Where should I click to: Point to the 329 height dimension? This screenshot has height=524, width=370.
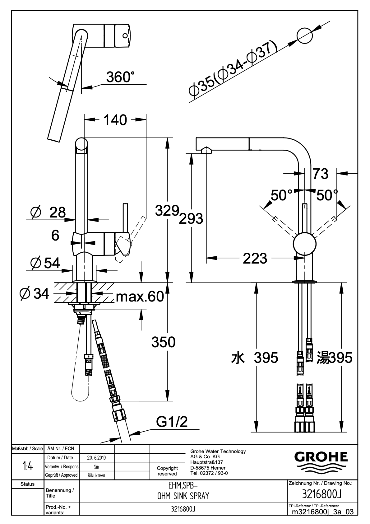point(167,210)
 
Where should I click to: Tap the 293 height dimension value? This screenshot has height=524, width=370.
point(191,219)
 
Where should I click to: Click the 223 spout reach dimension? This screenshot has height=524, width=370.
point(255,259)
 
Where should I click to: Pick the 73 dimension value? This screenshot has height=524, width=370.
point(321,174)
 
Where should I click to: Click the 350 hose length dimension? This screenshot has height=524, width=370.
point(163,342)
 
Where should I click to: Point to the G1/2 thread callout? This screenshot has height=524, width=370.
point(172,422)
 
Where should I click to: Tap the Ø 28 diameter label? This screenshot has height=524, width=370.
point(48,213)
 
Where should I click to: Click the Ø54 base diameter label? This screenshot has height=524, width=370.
point(45,263)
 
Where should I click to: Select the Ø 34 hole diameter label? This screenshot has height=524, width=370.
point(35,293)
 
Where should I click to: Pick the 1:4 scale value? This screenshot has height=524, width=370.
point(28,467)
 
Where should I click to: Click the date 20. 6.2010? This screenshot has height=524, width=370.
point(96,458)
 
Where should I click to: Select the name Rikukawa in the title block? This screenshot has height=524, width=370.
point(96,475)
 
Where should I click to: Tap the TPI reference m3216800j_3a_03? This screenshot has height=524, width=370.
point(323,511)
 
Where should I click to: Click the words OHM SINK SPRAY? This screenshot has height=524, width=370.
point(183,496)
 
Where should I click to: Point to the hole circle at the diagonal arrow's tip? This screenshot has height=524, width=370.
point(305,36)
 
